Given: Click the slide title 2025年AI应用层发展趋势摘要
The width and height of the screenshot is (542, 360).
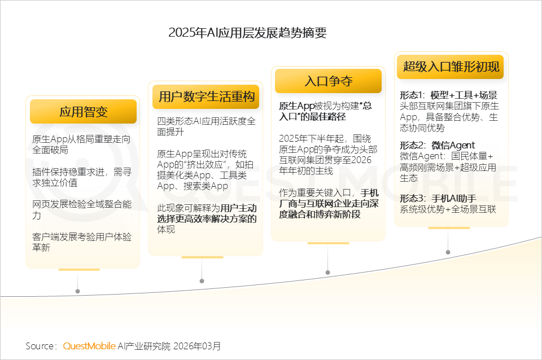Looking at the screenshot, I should [247, 33].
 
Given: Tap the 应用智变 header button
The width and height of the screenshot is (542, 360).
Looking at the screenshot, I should [83, 112].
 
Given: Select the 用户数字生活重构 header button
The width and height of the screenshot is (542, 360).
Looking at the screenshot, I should [206, 96].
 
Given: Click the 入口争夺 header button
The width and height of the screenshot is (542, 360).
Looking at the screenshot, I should [328, 81].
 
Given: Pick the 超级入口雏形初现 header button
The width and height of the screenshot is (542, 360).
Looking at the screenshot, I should [451, 67].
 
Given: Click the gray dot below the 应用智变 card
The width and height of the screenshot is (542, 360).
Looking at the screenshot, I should [77, 291].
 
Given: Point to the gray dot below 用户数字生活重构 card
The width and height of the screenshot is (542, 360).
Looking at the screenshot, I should [202, 282].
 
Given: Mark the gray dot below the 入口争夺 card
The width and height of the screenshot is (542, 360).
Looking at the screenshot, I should [327, 272].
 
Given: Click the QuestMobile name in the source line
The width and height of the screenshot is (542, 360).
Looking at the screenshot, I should [89, 346].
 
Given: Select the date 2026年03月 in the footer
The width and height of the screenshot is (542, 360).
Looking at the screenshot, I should [197, 346].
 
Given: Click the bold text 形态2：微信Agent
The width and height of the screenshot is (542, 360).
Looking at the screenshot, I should [437, 146].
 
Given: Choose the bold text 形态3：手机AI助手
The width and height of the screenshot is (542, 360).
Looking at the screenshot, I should [438, 198].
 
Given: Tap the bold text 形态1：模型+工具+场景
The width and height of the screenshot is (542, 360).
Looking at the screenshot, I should [448, 95].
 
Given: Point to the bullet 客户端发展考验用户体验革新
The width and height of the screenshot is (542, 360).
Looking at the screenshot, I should [82, 242].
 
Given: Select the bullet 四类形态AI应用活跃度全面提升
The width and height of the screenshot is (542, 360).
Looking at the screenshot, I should [206, 126].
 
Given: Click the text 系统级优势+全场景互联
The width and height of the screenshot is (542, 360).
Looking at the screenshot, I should [447, 209].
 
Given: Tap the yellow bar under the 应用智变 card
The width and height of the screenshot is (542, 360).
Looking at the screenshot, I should [78, 270].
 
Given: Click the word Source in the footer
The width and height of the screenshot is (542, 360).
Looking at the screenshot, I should [40, 346].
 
